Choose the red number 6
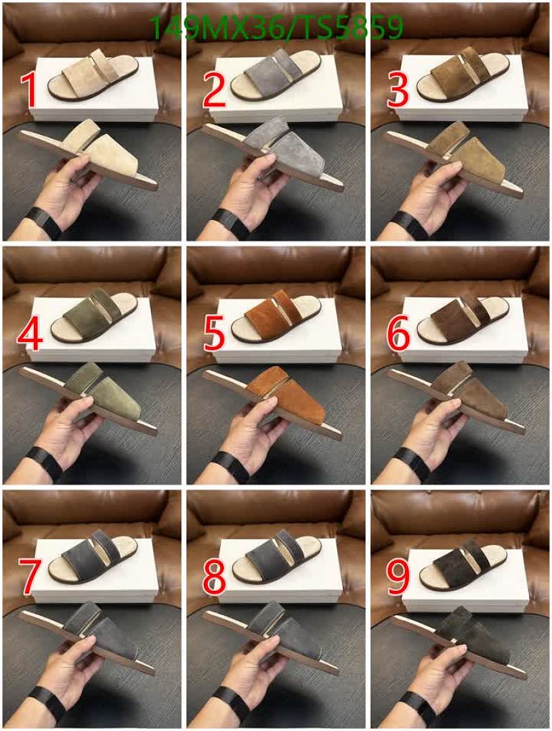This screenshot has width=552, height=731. pos(398,333)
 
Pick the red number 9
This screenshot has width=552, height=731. pos(398,576)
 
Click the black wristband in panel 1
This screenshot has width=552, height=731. pos(45,222)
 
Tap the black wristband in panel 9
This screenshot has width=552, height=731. pos(413,709)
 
